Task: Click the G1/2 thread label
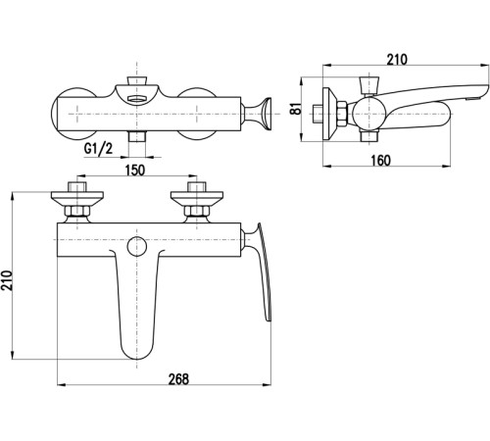click(x=98, y=149)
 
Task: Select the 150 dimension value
click(x=135, y=171)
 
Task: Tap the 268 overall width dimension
click(x=178, y=379)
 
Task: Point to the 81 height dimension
click(x=296, y=109)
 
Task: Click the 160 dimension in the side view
click(x=380, y=161)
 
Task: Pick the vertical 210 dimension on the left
click(x=7, y=280)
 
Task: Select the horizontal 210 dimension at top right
click(x=397, y=60)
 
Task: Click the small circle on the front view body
click(x=137, y=246)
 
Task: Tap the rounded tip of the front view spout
click(x=136, y=355)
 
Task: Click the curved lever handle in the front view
click(x=262, y=271)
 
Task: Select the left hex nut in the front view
click(x=77, y=212)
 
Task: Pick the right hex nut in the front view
click(x=197, y=212)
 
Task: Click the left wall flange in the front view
click(x=77, y=199)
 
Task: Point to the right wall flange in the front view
click(x=197, y=199)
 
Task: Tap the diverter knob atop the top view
click(x=136, y=81)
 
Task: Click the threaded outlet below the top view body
click(x=136, y=136)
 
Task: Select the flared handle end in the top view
click(x=267, y=114)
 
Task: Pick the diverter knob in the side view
click(x=369, y=85)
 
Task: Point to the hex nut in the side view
click(x=342, y=114)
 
